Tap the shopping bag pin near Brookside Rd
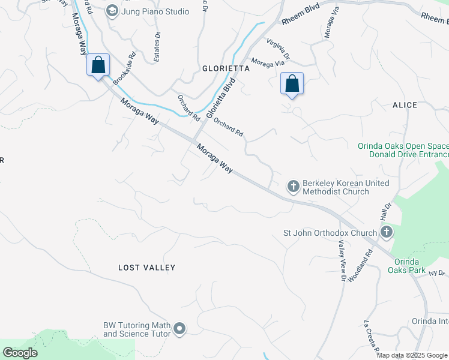(98, 65)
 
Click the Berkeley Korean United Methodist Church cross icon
(294, 187)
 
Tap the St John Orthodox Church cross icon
(386, 232)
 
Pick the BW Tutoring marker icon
(179, 329)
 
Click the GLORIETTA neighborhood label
(226, 68)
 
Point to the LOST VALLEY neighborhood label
(146, 268)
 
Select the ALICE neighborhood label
(405, 105)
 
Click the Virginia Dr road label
(279, 48)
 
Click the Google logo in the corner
(20, 353)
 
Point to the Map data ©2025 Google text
(412, 355)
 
